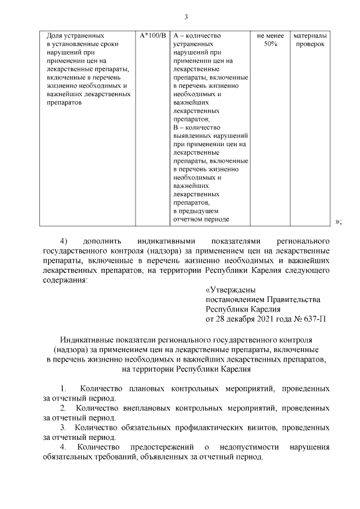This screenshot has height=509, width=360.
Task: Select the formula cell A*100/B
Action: click(152, 35)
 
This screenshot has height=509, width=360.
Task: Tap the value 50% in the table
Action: click(270, 44)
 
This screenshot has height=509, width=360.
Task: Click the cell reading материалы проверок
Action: click(310, 39)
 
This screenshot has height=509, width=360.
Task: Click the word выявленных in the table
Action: click(195, 136)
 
